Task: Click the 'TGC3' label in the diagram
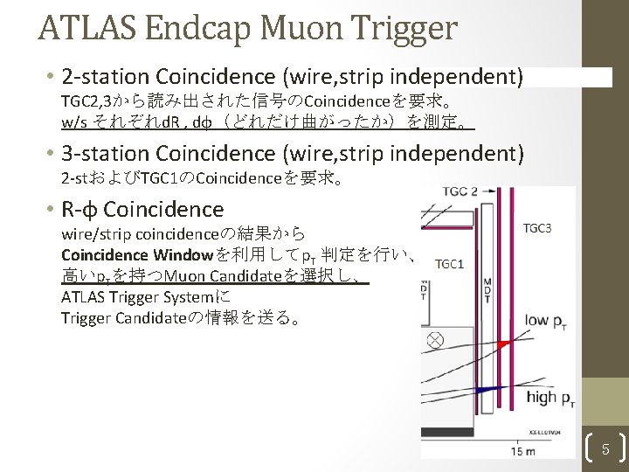tap(537, 229)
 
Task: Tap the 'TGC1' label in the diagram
tap(449, 264)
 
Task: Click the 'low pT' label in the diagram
tap(550, 320)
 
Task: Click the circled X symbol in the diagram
tap(434, 339)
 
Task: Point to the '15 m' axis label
tap(525, 451)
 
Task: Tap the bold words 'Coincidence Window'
tap(136, 255)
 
